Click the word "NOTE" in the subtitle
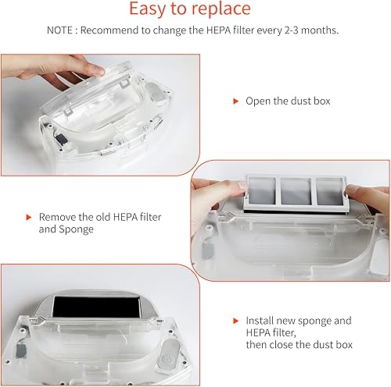59,30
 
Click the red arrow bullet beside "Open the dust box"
235,101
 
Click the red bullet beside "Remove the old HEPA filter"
29,217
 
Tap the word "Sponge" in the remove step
76,229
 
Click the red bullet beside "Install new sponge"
235,321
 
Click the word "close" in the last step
282,345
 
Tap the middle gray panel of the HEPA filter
296,191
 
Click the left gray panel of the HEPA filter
261,190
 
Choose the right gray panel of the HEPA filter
330,192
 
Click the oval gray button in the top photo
155,93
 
